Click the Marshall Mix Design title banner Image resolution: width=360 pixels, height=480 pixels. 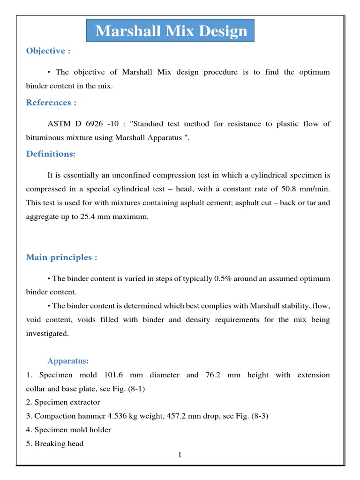[171, 31]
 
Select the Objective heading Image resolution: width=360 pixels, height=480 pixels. [48, 51]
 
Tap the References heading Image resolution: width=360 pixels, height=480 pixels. [51, 103]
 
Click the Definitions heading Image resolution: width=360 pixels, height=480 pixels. [51, 154]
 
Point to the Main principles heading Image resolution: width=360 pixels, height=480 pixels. [61, 257]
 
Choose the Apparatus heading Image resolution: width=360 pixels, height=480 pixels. [68, 361]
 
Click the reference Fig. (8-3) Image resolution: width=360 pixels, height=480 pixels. [254, 416]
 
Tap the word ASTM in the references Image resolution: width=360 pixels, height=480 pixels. [58, 124]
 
